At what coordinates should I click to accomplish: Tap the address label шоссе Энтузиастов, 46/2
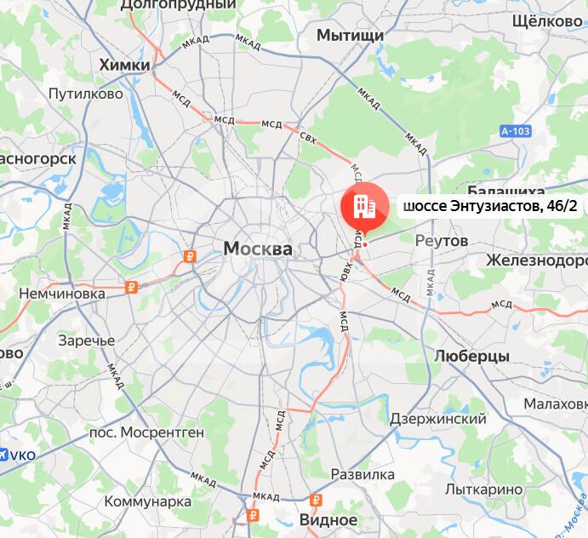pyautogui.click(x=483, y=207)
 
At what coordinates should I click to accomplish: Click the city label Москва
pyautogui.click(x=257, y=249)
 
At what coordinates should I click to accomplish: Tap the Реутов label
pyautogui.click(x=441, y=241)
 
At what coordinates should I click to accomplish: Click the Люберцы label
pyautogui.click(x=471, y=356)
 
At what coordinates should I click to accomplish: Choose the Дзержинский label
pyautogui.click(x=437, y=419)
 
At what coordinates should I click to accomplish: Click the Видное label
pyautogui.click(x=328, y=518)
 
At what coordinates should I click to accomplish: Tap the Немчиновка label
pyautogui.click(x=64, y=293)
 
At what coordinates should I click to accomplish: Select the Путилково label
pyautogui.click(x=86, y=94)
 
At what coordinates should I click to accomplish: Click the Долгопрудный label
pyautogui.click(x=178, y=5)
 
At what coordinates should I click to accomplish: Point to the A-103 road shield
pyautogui.click(x=515, y=131)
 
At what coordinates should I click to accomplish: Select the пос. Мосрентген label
pyautogui.click(x=146, y=432)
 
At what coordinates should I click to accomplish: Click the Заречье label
pyautogui.click(x=86, y=341)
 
